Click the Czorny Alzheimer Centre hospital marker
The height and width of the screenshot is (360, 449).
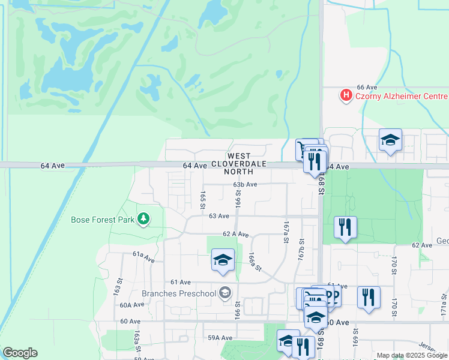[x=346, y=95]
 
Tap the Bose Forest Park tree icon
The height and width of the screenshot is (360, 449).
[x=143, y=220]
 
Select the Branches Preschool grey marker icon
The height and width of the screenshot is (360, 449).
[x=225, y=293]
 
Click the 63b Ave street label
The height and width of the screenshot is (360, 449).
[x=245, y=185]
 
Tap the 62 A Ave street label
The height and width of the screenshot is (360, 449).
[x=235, y=234]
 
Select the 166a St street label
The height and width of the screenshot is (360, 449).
[x=256, y=261]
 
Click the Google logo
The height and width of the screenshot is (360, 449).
[x=20, y=353]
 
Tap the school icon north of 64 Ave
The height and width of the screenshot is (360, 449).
[x=390, y=141]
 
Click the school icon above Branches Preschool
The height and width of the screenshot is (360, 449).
[x=223, y=260]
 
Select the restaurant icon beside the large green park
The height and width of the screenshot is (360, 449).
[x=345, y=227]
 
